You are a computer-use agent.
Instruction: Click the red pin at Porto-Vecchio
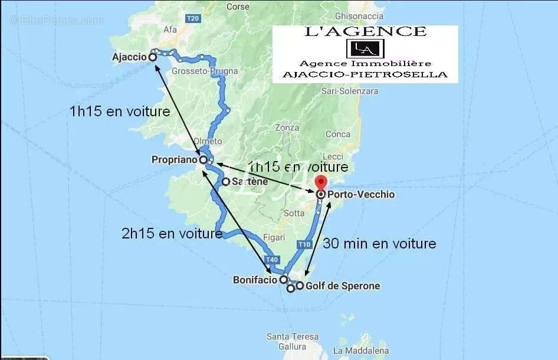pos(320,182)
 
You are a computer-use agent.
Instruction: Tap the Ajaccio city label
pos(129,57)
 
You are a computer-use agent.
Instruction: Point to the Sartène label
pos(250,182)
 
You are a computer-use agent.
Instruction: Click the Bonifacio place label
pos(255,280)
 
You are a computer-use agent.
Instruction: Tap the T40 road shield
pos(271,260)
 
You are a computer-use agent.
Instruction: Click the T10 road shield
pos(304,244)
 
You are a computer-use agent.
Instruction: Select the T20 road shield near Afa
pos(192,18)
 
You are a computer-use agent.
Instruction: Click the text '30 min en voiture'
pos(379,243)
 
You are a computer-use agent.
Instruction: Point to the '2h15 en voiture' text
pos(172,234)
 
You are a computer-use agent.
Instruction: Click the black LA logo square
pos(365,48)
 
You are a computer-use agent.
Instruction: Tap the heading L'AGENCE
pos(365,32)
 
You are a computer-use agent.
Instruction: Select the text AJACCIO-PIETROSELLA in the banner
pos(365,75)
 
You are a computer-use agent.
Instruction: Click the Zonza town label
pos(287,127)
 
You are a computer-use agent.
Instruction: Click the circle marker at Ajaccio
pos(153,57)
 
